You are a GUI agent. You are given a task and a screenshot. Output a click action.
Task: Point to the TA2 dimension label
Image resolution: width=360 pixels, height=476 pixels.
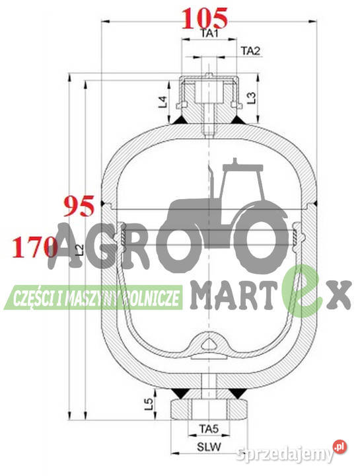point(250,50)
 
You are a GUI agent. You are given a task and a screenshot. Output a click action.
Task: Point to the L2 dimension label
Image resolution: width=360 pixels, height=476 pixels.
point(79,249)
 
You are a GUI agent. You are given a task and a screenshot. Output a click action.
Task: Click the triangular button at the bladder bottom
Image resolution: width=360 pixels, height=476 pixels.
point(208,342)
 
